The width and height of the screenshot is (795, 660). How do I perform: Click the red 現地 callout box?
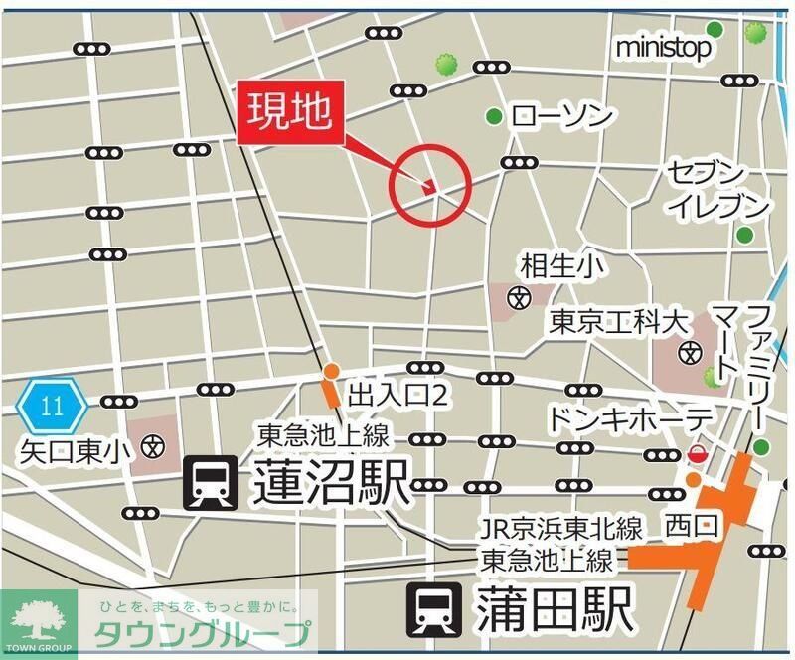pyautogui.click(x=291, y=112)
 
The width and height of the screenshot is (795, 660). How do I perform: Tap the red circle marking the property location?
pyautogui.click(x=428, y=183)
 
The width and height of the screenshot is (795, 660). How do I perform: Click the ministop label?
pyautogui.click(x=664, y=47)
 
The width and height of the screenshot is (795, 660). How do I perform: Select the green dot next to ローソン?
pyautogui.click(x=493, y=117)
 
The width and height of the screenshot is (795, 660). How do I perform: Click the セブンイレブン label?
pyautogui.click(x=720, y=189)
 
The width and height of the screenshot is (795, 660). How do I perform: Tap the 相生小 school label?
pyautogui.click(x=561, y=265)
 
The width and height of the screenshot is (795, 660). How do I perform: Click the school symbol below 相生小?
pyautogui.click(x=518, y=296)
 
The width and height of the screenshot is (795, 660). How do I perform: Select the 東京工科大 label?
pyautogui.click(x=618, y=322)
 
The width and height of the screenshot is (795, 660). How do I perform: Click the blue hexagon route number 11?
pyautogui.click(x=53, y=405)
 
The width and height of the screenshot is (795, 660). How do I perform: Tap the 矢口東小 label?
pyautogui.click(x=76, y=450)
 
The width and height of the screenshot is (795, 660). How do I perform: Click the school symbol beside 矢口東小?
pyautogui.click(x=152, y=446)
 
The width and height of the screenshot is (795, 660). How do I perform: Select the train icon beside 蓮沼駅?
pyautogui.click(x=210, y=484)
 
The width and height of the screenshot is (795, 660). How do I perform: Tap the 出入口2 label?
pyautogui.click(x=398, y=396)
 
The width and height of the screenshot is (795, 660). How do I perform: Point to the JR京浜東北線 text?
pyautogui.click(x=560, y=527)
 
